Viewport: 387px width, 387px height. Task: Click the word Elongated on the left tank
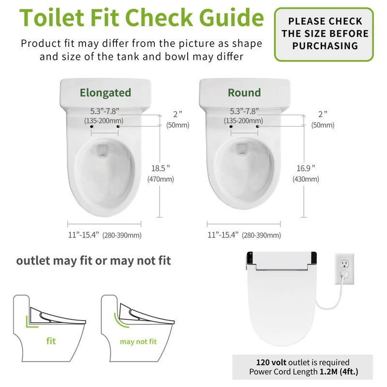[105, 93]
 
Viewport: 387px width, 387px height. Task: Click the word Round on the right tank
[244, 93]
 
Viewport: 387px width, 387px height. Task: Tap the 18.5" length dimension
[161, 168]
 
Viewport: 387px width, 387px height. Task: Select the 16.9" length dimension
[306, 168]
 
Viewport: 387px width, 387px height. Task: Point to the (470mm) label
[161, 179]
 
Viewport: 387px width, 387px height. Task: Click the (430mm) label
[306, 179]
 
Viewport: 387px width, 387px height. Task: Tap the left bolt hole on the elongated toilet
[91, 127]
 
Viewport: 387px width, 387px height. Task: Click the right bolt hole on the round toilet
[257, 127]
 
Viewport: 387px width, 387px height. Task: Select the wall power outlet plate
[344, 269]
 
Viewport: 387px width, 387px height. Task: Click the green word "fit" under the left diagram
[51, 341]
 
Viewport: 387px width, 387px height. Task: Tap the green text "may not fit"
[138, 342]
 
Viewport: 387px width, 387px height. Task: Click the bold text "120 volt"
[271, 362]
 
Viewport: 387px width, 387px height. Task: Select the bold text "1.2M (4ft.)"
[339, 372]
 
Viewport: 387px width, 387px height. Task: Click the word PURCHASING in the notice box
[325, 46]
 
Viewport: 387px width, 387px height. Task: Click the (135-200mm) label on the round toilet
[243, 120]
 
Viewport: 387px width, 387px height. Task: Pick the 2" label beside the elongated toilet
[178, 114]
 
